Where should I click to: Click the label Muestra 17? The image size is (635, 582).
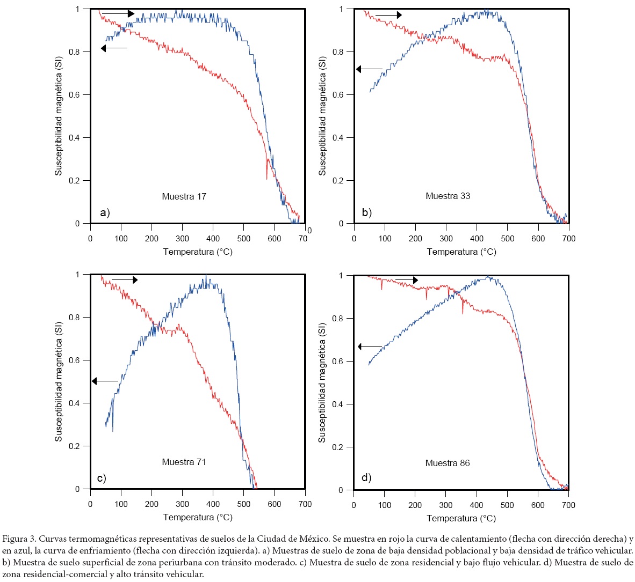(x=184, y=196)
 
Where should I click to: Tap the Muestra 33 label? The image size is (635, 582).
(x=448, y=196)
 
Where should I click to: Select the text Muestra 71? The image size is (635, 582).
(x=184, y=462)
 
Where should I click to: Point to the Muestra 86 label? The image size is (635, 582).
(x=447, y=463)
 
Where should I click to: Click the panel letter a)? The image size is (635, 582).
(x=105, y=213)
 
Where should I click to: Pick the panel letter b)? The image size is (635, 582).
(x=367, y=212)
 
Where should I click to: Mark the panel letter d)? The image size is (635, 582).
(x=366, y=477)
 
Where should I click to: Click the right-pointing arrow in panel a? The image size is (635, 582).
(x=118, y=13)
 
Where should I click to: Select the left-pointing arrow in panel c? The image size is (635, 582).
(x=104, y=381)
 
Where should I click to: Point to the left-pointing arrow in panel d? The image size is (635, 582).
(x=370, y=347)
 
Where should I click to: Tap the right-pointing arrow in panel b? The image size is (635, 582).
(x=388, y=15)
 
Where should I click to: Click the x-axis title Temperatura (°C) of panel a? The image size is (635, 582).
(x=198, y=252)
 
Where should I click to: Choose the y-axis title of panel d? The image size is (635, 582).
(x=322, y=382)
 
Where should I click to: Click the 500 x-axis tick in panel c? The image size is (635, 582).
(x=244, y=504)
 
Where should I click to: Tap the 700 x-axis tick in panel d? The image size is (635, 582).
(x=568, y=505)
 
